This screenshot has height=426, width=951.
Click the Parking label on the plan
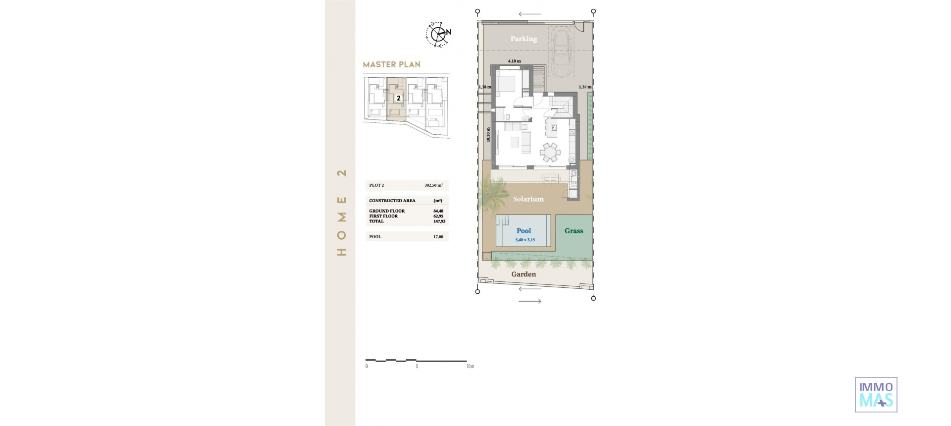coord(524,39)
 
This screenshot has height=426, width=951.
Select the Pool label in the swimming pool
coord(524,231)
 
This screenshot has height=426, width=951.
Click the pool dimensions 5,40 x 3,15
coord(525,240)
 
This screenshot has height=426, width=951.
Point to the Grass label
coord(574,231)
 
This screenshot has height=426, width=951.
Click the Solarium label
coord(528,199)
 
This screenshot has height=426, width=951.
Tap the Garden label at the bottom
coord(524,274)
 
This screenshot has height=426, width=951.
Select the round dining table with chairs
coord(550,152)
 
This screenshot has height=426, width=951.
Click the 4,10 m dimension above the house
coord(514,61)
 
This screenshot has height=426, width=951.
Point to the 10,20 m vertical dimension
coord(488,134)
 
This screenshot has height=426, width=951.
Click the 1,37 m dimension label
coord(585,87)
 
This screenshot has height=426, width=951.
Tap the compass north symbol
coord(438,34)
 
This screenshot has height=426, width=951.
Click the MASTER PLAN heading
coord(391,64)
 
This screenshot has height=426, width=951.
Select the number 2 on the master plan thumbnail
coord(398,98)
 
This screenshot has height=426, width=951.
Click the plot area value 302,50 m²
coord(433,185)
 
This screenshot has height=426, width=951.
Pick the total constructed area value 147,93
coord(439,221)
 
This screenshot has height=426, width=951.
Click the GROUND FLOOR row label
coord(387,211)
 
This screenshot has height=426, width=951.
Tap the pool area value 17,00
coord(438,237)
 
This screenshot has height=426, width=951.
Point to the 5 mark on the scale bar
coord(417,367)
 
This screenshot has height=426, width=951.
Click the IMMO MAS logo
coord(876,395)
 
